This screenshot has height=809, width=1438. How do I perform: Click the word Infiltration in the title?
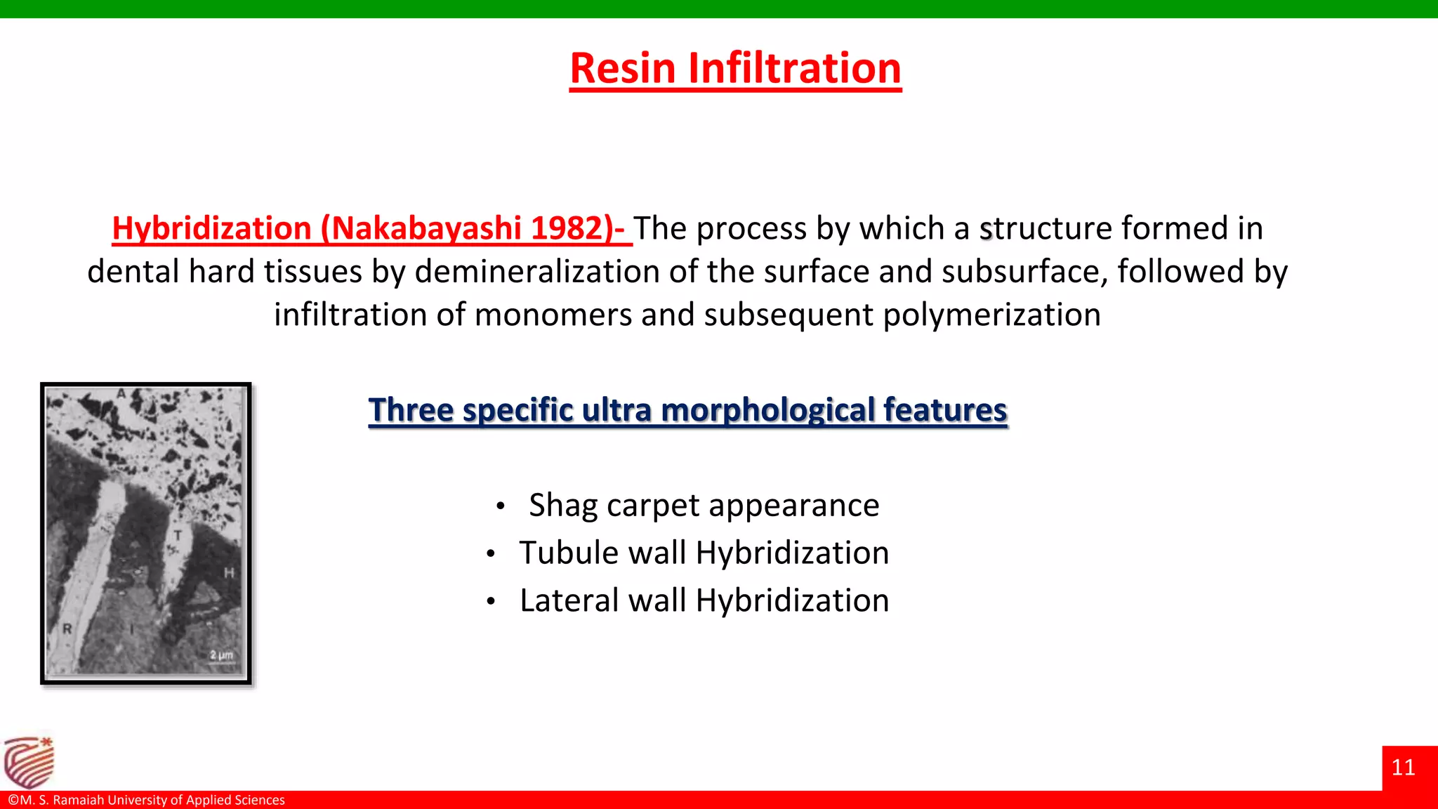point(794,68)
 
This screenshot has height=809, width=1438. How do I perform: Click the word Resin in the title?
point(622,68)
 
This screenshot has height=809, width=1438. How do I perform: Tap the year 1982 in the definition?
point(567,228)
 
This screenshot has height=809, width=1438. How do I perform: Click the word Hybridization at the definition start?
point(211,228)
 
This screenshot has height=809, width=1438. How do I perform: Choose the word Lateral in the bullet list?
point(567,600)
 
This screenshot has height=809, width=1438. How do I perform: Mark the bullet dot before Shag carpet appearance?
point(500,506)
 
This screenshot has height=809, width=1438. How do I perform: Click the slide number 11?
point(1403,768)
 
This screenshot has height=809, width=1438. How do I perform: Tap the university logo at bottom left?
point(29,762)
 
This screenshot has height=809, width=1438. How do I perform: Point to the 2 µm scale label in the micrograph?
point(221,655)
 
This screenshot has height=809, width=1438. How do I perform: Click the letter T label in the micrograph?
point(178,536)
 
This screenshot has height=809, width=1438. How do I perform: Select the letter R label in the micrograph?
point(67,629)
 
